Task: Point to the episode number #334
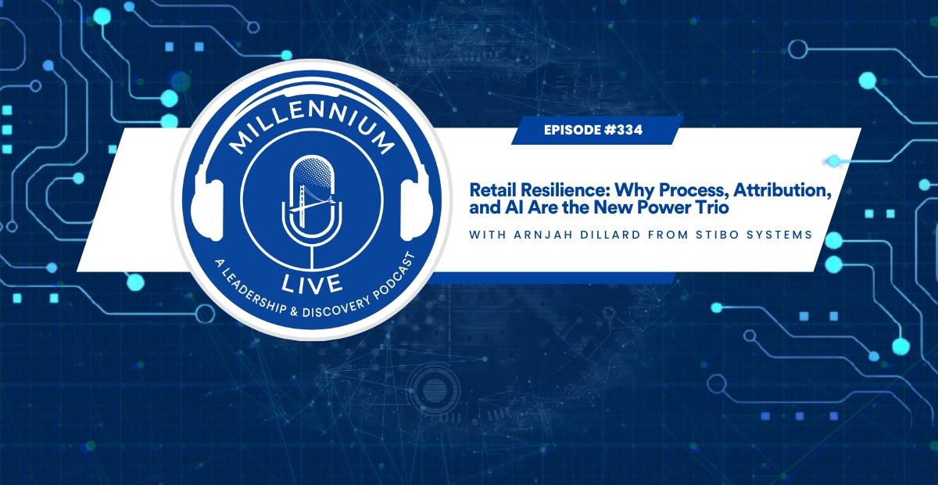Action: point(624,131)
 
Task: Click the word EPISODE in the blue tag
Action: point(572,131)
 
